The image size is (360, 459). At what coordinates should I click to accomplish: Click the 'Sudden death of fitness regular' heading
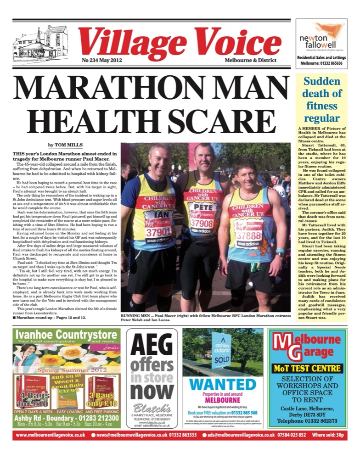pyautogui.click(x=321, y=100)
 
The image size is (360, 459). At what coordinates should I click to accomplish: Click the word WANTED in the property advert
pyautogui.click(x=223, y=384)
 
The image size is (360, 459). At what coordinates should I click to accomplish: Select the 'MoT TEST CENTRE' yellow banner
pyautogui.click(x=307, y=368)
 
